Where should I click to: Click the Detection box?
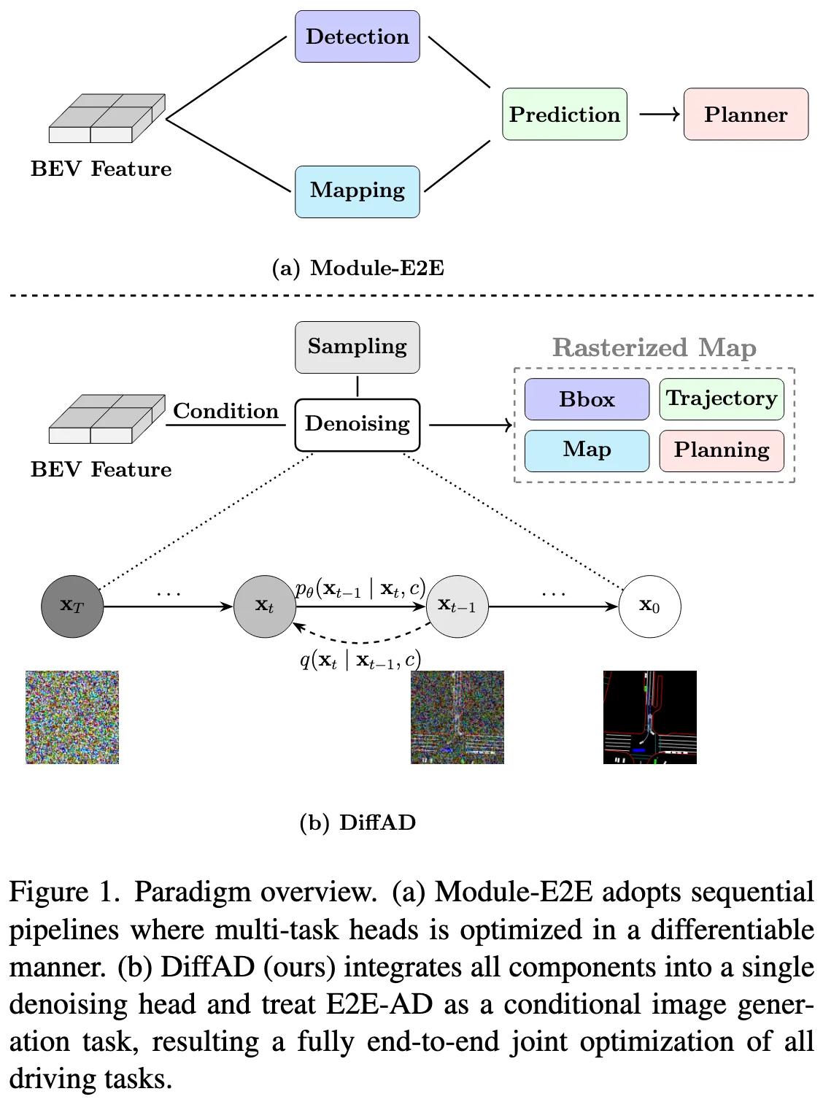tap(357, 36)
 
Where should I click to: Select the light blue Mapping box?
tap(357, 191)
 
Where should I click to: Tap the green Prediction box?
tap(564, 115)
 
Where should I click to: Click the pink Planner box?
tap(745, 115)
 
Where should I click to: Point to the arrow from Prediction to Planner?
tap(659, 114)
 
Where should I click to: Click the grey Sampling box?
tap(357, 347)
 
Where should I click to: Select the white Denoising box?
tap(357, 424)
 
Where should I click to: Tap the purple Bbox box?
tap(587, 399)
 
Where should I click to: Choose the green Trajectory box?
tap(721, 399)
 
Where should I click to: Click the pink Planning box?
tap(721, 450)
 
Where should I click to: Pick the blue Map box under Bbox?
tap(587, 450)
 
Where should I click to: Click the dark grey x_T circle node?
tap(72, 606)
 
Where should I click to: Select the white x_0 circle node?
tap(649, 606)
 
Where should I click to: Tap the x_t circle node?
tap(264, 606)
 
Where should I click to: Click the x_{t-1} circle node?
tap(457, 606)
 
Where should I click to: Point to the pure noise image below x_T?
tap(72, 717)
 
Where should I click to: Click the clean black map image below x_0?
tap(649, 717)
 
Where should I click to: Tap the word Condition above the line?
tap(225, 411)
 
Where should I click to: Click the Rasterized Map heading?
tap(654, 347)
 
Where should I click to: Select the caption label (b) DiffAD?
tap(358, 822)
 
